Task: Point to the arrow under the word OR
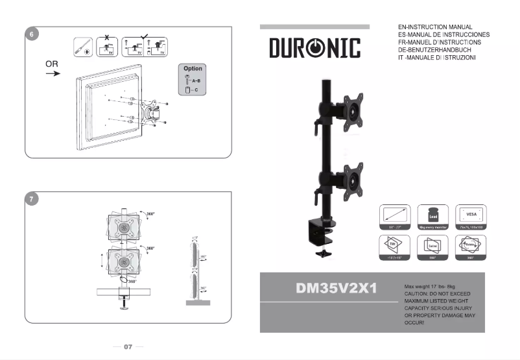click(53, 74)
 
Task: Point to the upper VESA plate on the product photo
click(353, 110)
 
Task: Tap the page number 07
click(128, 347)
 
